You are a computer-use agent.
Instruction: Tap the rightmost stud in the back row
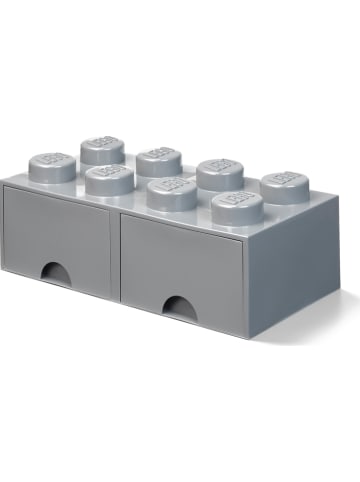coord(285,187)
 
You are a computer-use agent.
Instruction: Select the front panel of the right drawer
coord(180,265)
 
